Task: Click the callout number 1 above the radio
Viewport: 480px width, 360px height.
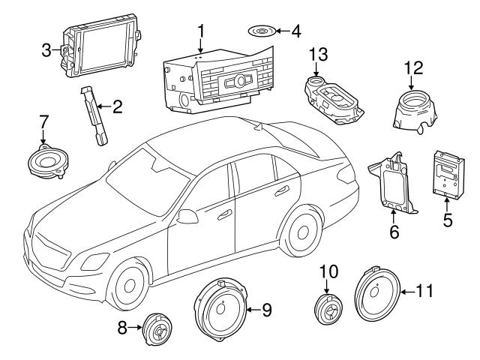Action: click(x=200, y=31)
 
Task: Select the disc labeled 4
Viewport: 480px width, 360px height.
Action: click(x=261, y=32)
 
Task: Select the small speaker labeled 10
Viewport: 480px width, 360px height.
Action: click(x=327, y=308)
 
